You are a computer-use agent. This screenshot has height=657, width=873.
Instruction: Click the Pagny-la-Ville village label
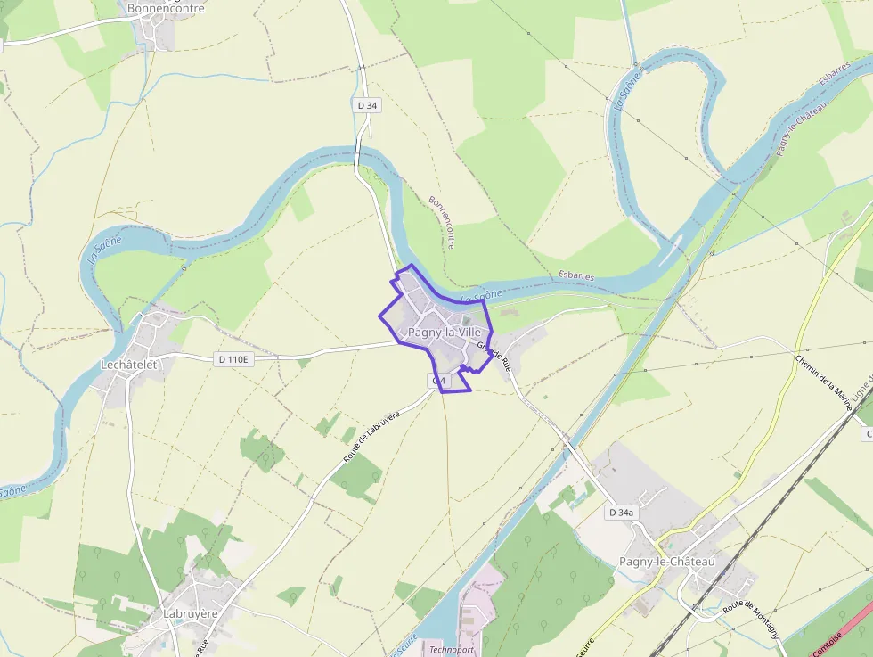tap(444, 333)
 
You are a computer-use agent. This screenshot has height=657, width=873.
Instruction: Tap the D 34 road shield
tap(367, 105)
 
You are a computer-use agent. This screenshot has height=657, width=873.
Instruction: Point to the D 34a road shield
tap(621, 513)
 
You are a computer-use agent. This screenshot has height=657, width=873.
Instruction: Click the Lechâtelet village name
tap(128, 365)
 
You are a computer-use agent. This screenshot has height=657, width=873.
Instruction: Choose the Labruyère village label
tap(191, 614)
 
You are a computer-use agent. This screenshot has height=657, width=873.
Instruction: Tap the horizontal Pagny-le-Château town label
tap(666, 562)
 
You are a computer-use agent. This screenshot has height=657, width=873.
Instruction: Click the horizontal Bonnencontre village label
tap(166, 9)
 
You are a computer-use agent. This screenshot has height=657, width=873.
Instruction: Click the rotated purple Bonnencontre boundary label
tap(443, 222)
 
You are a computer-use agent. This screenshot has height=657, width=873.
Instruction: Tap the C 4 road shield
tap(437, 382)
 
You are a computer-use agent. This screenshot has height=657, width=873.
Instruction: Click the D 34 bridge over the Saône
tap(357, 157)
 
